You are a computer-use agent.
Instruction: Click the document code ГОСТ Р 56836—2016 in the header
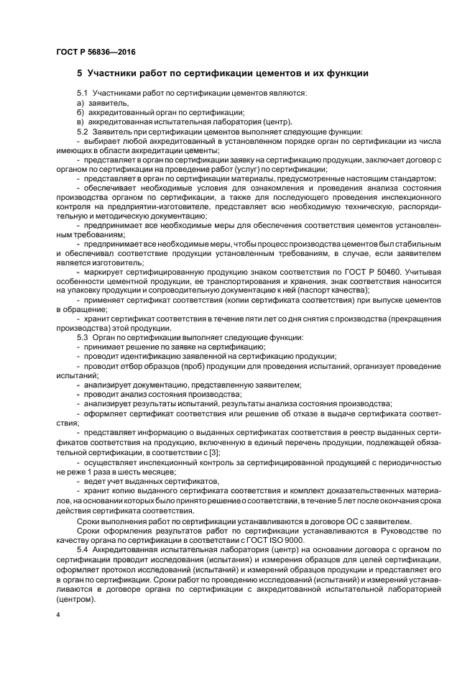tap(96, 52)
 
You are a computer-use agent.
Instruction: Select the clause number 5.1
tap(83, 93)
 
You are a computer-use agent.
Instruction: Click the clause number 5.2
tap(83, 131)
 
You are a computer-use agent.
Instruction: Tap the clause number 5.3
tap(83, 337)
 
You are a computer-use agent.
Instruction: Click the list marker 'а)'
tap(80, 103)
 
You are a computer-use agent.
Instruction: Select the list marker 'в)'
tap(80, 122)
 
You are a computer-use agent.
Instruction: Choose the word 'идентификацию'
tap(152, 356)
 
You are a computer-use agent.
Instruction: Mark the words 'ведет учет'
tap(102, 480)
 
